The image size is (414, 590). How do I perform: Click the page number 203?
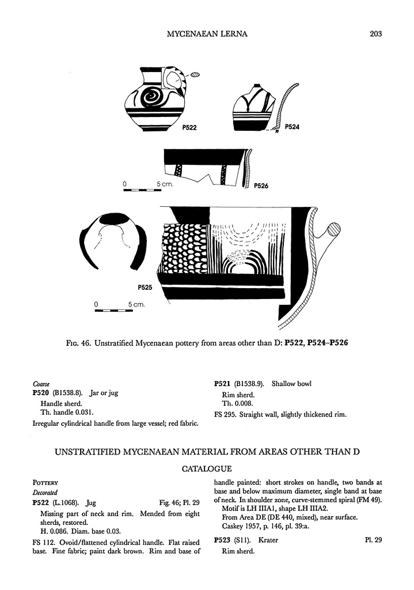coord(376,33)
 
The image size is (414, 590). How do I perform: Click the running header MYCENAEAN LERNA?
coord(207,33)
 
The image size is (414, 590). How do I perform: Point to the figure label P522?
coord(189,128)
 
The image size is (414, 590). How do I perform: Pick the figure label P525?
coord(145,287)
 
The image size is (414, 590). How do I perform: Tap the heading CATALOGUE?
coord(207,469)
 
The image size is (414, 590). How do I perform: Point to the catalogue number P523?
coord(223,540)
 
